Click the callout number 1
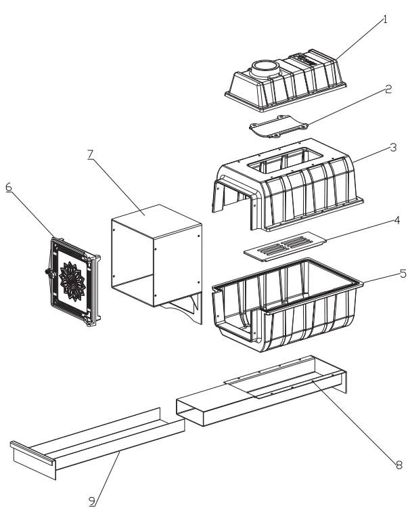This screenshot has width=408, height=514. click(x=385, y=20)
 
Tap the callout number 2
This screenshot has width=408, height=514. click(x=388, y=89)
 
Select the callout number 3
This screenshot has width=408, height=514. click(x=394, y=148)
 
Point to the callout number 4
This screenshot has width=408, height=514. click(x=397, y=220)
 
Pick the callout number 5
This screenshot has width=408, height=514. click(x=403, y=274)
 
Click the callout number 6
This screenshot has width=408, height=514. click(x=9, y=187)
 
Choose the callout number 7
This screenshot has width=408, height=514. click(x=91, y=154)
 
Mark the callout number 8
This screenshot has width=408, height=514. click(x=399, y=465)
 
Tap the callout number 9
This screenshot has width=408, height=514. click(x=92, y=501)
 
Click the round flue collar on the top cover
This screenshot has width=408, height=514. click(x=265, y=68)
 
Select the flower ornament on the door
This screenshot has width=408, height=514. click(x=72, y=281)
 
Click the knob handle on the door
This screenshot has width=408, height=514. click(x=49, y=272)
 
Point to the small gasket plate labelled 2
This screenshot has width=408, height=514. click(x=279, y=126)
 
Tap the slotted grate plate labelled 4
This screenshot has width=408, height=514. click(x=285, y=247)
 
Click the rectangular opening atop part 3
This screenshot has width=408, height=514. click(x=286, y=160)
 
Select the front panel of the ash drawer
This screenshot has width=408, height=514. click(x=32, y=458)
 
